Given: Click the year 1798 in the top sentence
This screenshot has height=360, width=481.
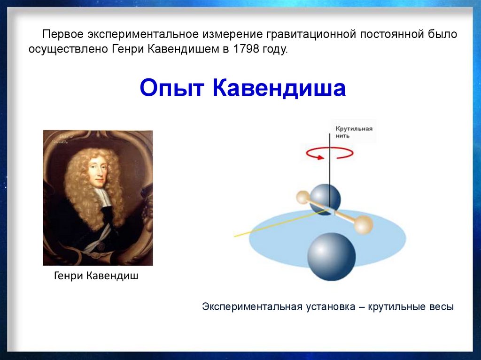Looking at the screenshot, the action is tap(246, 49).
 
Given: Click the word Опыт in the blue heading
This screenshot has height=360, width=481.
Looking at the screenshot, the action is tap(172, 88).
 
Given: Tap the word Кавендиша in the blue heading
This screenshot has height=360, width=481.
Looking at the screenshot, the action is tap(279, 88).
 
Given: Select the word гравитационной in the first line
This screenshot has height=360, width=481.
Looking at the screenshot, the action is tap(311, 34).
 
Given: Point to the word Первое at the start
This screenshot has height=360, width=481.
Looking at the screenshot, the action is tap(63, 34).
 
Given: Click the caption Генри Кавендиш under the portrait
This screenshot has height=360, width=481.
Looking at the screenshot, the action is tap(96, 276).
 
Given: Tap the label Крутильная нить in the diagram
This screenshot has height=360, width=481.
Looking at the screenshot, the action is tap(354, 132).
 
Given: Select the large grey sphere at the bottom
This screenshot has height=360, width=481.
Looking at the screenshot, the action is tap(332, 257).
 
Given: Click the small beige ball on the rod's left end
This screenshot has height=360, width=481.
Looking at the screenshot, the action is tap(303, 197).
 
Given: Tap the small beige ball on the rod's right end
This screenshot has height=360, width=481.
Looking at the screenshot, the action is tap(364, 225).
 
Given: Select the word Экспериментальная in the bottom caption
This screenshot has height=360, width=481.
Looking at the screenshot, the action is tap(253, 306).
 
